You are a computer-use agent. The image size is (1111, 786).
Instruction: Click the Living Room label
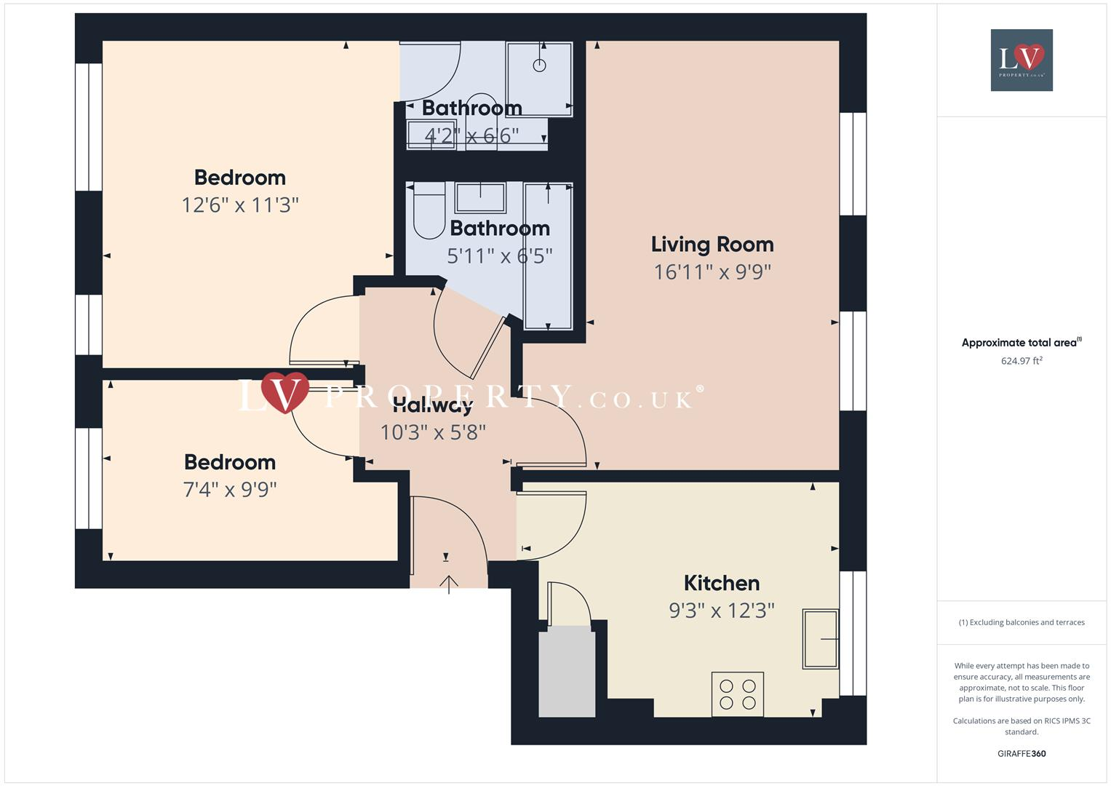pyautogui.click(x=712, y=245)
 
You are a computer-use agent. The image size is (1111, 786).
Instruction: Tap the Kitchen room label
pyautogui.click(x=721, y=583)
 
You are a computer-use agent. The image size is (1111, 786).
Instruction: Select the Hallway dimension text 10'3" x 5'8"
pyautogui.click(x=433, y=432)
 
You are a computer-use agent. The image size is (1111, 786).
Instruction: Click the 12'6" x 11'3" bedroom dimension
pyautogui.click(x=240, y=205)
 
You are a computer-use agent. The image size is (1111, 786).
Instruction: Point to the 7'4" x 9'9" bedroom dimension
pyautogui.click(x=230, y=489)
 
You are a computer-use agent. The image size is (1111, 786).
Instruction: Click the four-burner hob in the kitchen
pyautogui.click(x=737, y=694)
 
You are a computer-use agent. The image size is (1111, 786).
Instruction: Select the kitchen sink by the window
pyautogui.click(x=820, y=639)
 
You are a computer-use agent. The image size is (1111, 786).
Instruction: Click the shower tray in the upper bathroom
pyautogui.click(x=539, y=79)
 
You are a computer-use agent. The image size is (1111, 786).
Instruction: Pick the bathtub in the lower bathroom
pyautogui.click(x=548, y=255)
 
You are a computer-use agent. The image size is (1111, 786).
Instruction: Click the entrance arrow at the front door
pyautogui.click(x=449, y=583)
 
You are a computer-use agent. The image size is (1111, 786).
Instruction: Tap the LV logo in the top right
pyautogui.click(x=1022, y=60)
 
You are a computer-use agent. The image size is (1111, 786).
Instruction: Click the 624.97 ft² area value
pyautogui.click(x=1022, y=361)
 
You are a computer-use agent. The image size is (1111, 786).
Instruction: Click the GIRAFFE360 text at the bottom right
pyautogui.click(x=1022, y=753)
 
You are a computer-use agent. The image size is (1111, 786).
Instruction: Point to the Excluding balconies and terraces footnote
pyautogui.click(x=1022, y=622)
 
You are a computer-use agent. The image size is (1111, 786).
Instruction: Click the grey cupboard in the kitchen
pyautogui.click(x=567, y=673)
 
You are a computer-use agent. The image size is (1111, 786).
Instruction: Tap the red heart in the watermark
pyautogui.click(x=285, y=392)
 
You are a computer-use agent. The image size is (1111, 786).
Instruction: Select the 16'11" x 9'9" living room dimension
pyautogui.click(x=712, y=272)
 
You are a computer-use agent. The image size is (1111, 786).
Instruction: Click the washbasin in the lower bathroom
pyautogui.click(x=480, y=197)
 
